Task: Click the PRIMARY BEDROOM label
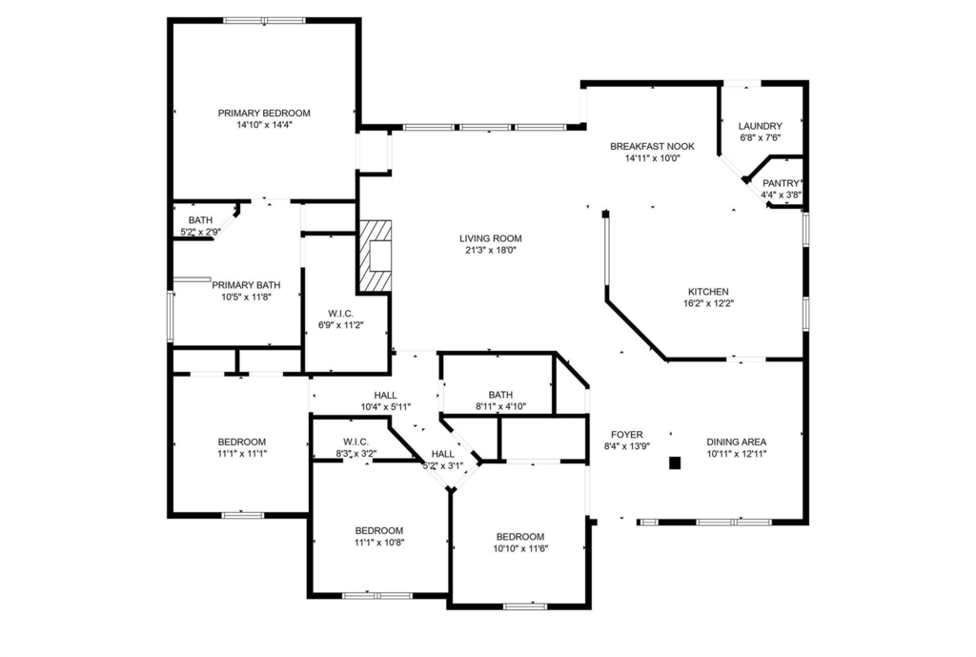coord(264,113)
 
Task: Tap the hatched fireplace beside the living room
coord(375,256)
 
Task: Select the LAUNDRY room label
coord(760,126)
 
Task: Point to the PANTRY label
coord(781,183)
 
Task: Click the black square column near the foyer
coord(675,462)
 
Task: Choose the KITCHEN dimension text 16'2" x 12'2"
coord(708,303)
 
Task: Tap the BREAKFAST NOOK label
coord(652,146)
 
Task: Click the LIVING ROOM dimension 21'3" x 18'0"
coord(491,251)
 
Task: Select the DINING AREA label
coord(737,442)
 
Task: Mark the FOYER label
coord(627,435)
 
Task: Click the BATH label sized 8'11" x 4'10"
coord(500,395)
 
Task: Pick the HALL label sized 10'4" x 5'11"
coord(385,396)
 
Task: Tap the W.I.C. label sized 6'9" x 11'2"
coord(340,313)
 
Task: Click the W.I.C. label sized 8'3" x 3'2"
coord(356,441)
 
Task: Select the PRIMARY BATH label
coord(246,285)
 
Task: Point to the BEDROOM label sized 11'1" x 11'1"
coord(242,442)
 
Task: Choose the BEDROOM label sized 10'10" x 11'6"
coord(520,537)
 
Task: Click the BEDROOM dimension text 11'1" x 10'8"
coord(379,543)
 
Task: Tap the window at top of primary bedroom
coord(265,21)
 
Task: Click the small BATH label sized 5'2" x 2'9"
coord(200,220)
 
